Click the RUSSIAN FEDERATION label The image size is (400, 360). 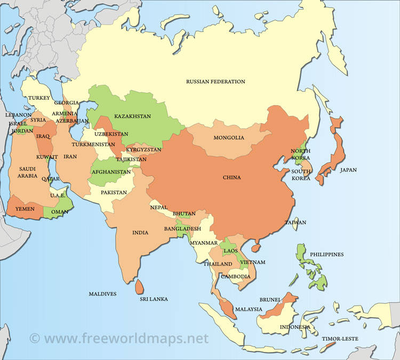[x=215, y=82]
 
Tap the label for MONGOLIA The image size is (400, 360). [x=229, y=138]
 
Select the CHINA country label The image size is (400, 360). [x=231, y=178]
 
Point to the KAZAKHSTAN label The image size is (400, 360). [x=132, y=116]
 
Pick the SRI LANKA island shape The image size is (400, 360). [x=139, y=286]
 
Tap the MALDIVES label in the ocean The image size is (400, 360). [x=103, y=293]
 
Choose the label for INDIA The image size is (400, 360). [x=140, y=233]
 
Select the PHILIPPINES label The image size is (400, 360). [x=327, y=254]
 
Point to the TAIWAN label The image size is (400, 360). [x=295, y=222]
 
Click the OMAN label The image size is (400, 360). [x=59, y=212]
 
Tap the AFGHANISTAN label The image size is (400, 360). [x=111, y=172]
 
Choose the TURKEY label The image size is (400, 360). [x=39, y=98]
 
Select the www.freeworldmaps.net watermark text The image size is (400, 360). [x=118, y=338]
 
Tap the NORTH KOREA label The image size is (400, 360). [x=300, y=154]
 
